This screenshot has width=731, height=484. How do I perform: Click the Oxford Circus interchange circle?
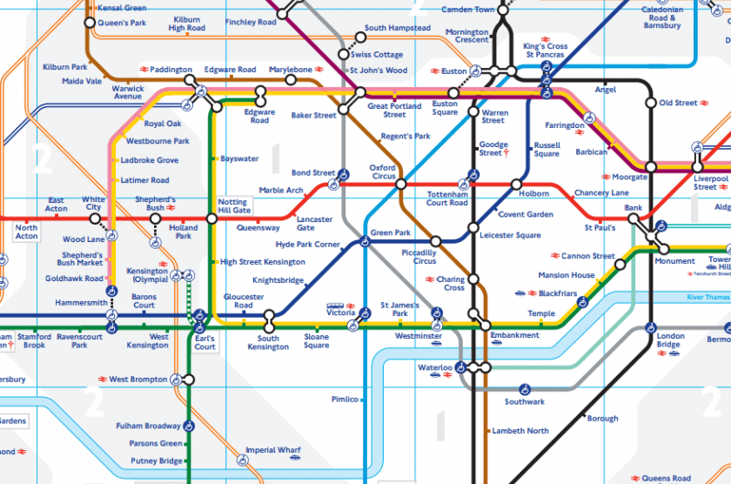click(401, 185)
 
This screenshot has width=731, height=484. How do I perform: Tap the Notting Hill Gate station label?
click(233, 205)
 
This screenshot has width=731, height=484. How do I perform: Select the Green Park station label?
click(390, 233)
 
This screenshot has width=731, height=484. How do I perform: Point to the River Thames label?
click(707, 298)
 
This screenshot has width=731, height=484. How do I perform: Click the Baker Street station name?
click(313, 116)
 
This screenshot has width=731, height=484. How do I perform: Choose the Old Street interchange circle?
click(650, 103)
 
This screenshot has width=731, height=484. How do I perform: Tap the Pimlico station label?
click(345, 400)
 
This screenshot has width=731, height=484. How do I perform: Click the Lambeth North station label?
click(520, 431)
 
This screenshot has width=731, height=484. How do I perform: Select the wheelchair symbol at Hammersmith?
click(112, 292)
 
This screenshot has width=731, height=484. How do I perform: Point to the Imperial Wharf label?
click(273, 450)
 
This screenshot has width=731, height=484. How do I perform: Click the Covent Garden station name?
click(526, 214)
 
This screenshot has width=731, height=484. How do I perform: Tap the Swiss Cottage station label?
click(377, 55)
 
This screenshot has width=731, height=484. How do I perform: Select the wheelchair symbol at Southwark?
click(525, 389)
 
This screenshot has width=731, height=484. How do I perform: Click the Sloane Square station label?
click(316, 341)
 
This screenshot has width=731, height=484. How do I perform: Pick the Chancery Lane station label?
click(601, 192)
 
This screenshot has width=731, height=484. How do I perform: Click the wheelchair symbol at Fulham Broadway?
click(189, 426)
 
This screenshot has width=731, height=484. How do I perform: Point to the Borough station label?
click(602, 419)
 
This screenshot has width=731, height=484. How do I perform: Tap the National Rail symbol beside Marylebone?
click(320, 70)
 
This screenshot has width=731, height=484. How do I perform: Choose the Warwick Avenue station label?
click(128, 92)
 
